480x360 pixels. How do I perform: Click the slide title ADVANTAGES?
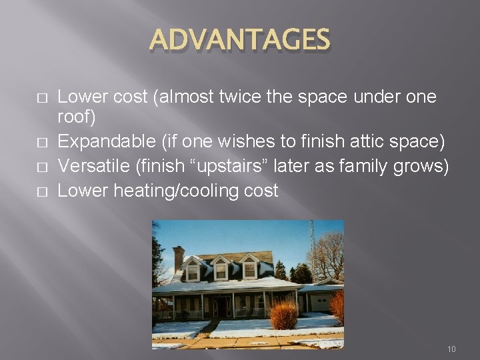240,39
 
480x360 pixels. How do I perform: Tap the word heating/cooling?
174,191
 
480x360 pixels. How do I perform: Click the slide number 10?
451,349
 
